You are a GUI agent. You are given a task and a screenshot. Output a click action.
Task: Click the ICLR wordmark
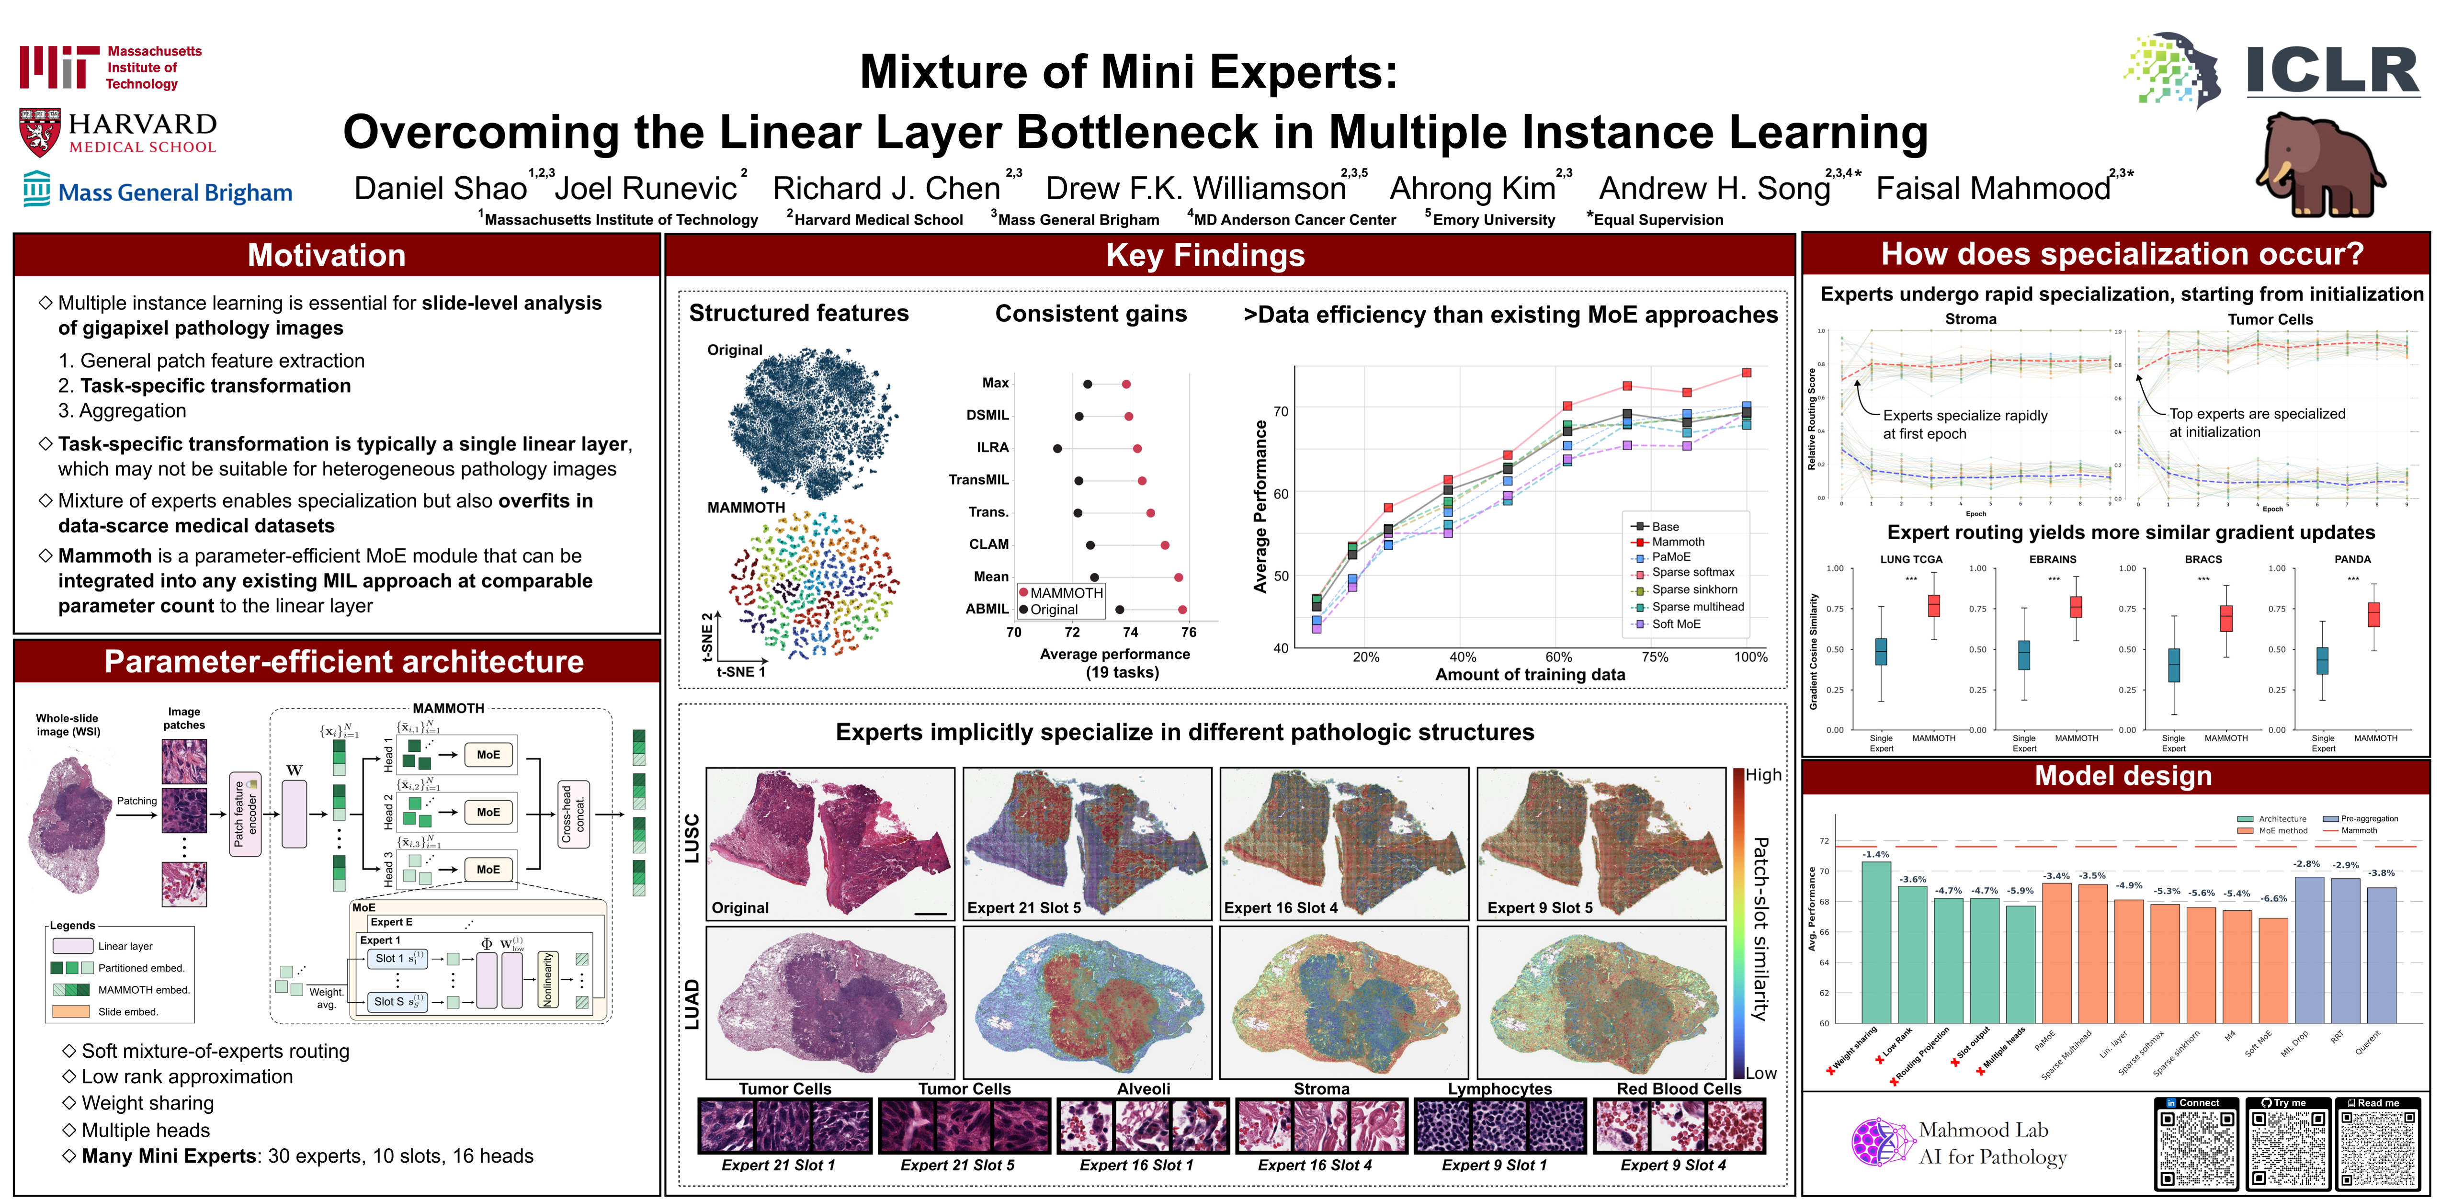pyautogui.click(x=2332, y=71)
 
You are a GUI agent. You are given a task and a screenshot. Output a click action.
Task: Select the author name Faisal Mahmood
pyautogui.click(x=1992, y=188)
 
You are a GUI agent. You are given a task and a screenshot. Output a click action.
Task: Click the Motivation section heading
pyautogui.click(x=327, y=255)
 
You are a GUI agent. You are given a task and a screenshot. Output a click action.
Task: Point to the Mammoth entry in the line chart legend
pyautogui.click(x=1677, y=542)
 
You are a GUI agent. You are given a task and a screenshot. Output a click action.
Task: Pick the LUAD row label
pyautogui.click(x=692, y=1004)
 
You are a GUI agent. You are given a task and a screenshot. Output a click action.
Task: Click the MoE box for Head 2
pyautogui.click(x=488, y=812)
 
